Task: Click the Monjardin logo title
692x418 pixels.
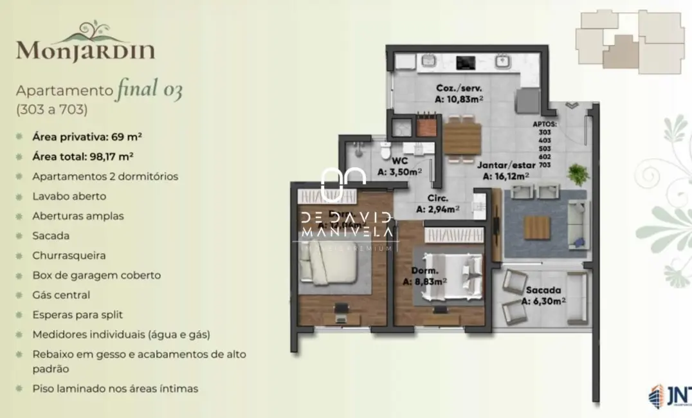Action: (x=86, y=49)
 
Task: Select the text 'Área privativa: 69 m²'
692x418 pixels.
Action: (x=87, y=136)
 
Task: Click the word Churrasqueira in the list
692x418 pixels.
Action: (x=69, y=255)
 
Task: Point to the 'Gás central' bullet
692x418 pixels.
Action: (x=61, y=295)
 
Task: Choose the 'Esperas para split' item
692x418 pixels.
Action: (x=77, y=315)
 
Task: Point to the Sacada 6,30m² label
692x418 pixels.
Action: (x=543, y=295)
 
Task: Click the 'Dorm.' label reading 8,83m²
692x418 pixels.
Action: (x=425, y=276)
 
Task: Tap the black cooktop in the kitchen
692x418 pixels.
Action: (x=465, y=62)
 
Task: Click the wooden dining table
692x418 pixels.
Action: (x=462, y=137)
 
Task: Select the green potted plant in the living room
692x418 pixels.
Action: (x=578, y=173)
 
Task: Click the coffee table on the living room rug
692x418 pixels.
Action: (x=536, y=227)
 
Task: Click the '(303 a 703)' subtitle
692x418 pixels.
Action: (x=51, y=109)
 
